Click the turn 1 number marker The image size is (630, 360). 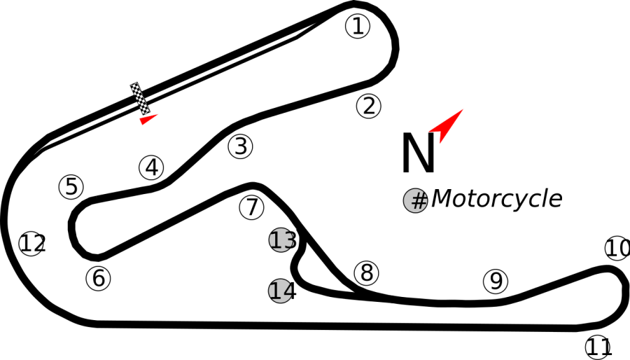(x=358, y=26)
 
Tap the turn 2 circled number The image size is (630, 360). (x=368, y=106)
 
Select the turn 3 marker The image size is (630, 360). (x=240, y=146)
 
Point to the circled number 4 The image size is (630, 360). (x=151, y=167)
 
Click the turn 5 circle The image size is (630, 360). (x=71, y=187)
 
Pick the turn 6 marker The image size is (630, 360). (x=99, y=278)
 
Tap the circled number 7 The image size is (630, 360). (x=251, y=207)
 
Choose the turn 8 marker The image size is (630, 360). (x=366, y=273)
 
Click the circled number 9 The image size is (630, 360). (x=496, y=281)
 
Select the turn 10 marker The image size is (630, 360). (x=617, y=249)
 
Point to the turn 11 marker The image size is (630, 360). (x=598, y=347)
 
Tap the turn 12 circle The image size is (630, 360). (x=32, y=244)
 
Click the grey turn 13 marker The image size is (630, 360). (x=281, y=240)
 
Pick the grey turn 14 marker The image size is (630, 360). (x=281, y=291)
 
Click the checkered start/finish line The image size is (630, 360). (x=140, y=99)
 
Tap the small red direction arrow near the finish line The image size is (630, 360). (x=147, y=119)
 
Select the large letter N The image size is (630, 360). (x=419, y=153)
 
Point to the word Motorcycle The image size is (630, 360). (x=496, y=198)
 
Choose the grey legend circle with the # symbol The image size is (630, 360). (x=416, y=200)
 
